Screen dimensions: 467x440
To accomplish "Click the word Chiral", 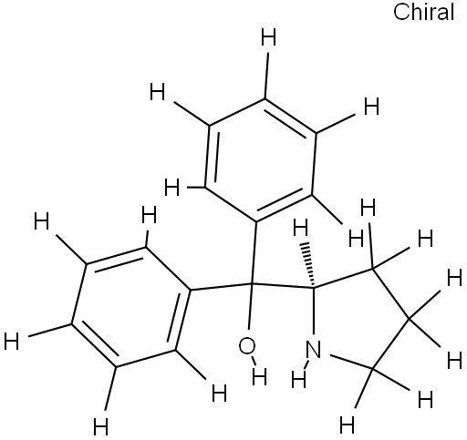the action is pyautogui.click(x=423, y=13).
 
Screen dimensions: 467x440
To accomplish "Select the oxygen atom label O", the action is pyautogui.click(x=247, y=346).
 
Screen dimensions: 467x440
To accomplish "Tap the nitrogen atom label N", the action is pyautogui.click(x=313, y=350).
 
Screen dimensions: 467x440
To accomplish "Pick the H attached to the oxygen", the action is pyautogui.click(x=259, y=376).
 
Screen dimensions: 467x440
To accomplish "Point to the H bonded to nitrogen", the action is pyautogui.click(x=299, y=380).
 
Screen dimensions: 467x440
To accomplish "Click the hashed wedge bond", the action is pyautogui.click(x=308, y=264).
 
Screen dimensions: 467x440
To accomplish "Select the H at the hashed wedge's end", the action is pyautogui.click(x=301, y=228).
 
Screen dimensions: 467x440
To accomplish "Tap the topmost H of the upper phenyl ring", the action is pyautogui.click(x=269, y=37).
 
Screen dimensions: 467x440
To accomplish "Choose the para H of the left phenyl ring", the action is pyautogui.click(x=12, y=341).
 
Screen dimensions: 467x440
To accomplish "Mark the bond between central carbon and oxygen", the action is pyautogui.click(x=250, y=306).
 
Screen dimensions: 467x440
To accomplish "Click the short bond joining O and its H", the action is pyautogui.click(x=254, y=360).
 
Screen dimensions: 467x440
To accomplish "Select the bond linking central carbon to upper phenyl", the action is pyautogui.click(x=254, y=252).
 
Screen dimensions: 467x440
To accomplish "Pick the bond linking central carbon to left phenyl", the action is pyautogui.click(x=221, y=287).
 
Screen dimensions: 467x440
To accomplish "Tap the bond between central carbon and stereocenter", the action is pyautogui.click(x=283, y=285).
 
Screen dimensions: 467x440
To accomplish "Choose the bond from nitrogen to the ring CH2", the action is pyautogui.click(x=351, y=362).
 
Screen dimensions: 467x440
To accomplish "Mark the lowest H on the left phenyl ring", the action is pyautogui.click(x=100, y=426).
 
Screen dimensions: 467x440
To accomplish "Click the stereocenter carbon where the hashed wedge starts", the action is pyautogui.click(x=313, y=287).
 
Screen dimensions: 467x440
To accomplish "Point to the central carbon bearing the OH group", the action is pyautogui.click(x=252, y=284).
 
